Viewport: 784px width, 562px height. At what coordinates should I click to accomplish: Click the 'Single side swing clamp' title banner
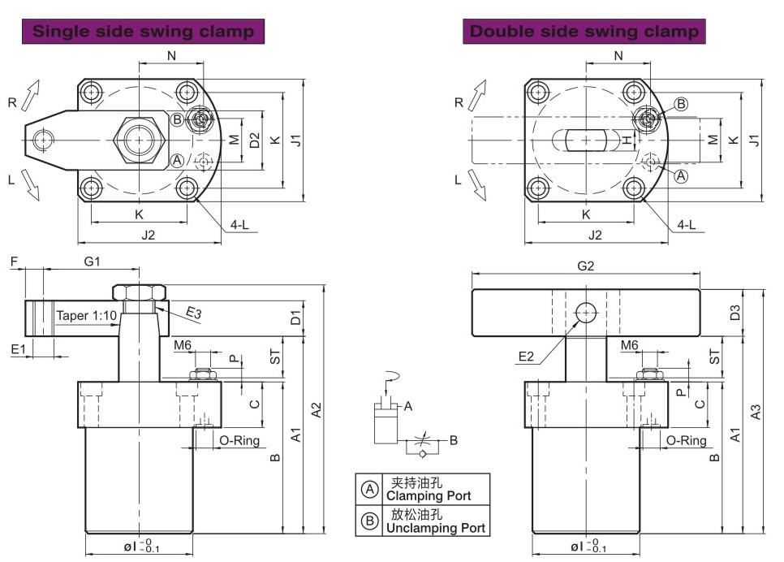click(144, 32)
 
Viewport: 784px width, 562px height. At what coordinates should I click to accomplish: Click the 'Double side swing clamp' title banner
click(584, 32)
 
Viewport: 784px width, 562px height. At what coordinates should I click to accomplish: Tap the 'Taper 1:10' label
click(86, 315)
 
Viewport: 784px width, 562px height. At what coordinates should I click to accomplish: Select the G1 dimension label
click(92, 262)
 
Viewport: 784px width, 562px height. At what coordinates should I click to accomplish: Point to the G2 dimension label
click(585, 266)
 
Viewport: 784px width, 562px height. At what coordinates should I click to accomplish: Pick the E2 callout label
click(527, 356)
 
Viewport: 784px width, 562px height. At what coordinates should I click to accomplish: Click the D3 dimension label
click(735, 313)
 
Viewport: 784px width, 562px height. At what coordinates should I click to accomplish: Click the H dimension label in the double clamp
click(627, 140)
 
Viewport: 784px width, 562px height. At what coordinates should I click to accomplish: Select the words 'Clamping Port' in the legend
click(428, 495)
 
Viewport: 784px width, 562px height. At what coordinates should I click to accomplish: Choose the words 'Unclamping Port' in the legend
click(435, 528)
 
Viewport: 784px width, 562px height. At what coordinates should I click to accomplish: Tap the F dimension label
click(14, 262)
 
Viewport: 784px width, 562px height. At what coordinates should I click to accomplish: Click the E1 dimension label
click(17, 348)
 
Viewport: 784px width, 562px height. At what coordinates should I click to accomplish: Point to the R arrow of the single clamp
click(30, 95)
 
